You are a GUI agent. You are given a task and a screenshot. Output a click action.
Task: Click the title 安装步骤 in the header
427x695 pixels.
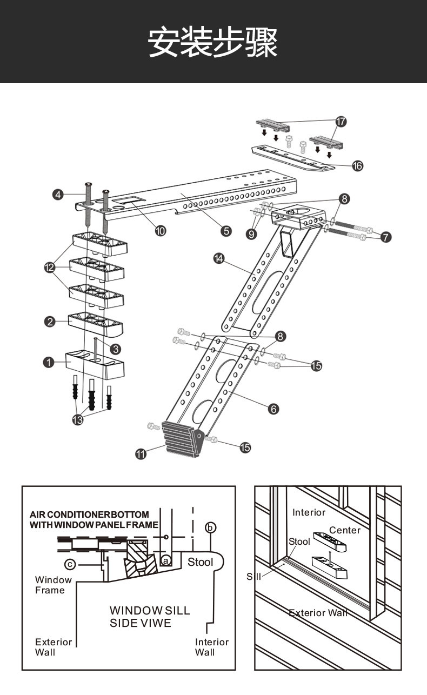pos(213,42)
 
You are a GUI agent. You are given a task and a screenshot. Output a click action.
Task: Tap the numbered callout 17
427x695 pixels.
pos(341,122)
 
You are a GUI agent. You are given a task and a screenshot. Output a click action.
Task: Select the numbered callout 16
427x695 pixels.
pos(358,166)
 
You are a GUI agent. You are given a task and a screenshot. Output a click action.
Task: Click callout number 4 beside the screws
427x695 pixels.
pos(58,195)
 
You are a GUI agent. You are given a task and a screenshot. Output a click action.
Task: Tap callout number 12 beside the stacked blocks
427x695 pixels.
pos(50,267)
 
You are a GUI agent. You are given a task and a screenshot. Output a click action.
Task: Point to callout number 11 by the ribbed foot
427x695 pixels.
pos(141,454)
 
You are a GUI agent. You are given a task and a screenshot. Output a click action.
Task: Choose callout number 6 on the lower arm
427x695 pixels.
pos(274,409)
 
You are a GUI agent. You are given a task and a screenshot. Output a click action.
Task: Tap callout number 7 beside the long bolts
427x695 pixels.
pos(386,236)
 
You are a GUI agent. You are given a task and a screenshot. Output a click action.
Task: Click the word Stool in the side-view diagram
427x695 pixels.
pos(200,562)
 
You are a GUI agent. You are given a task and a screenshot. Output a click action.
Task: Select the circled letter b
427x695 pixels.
pos(211,527)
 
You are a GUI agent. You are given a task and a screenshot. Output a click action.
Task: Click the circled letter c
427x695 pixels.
pos(70,565)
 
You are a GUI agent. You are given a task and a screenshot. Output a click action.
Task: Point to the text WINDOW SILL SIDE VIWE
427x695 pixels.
pos(150,617)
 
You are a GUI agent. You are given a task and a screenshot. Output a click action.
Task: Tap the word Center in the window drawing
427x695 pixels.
pos(345,530)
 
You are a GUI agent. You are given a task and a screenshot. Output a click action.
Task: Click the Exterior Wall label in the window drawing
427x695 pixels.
pos(318,613)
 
